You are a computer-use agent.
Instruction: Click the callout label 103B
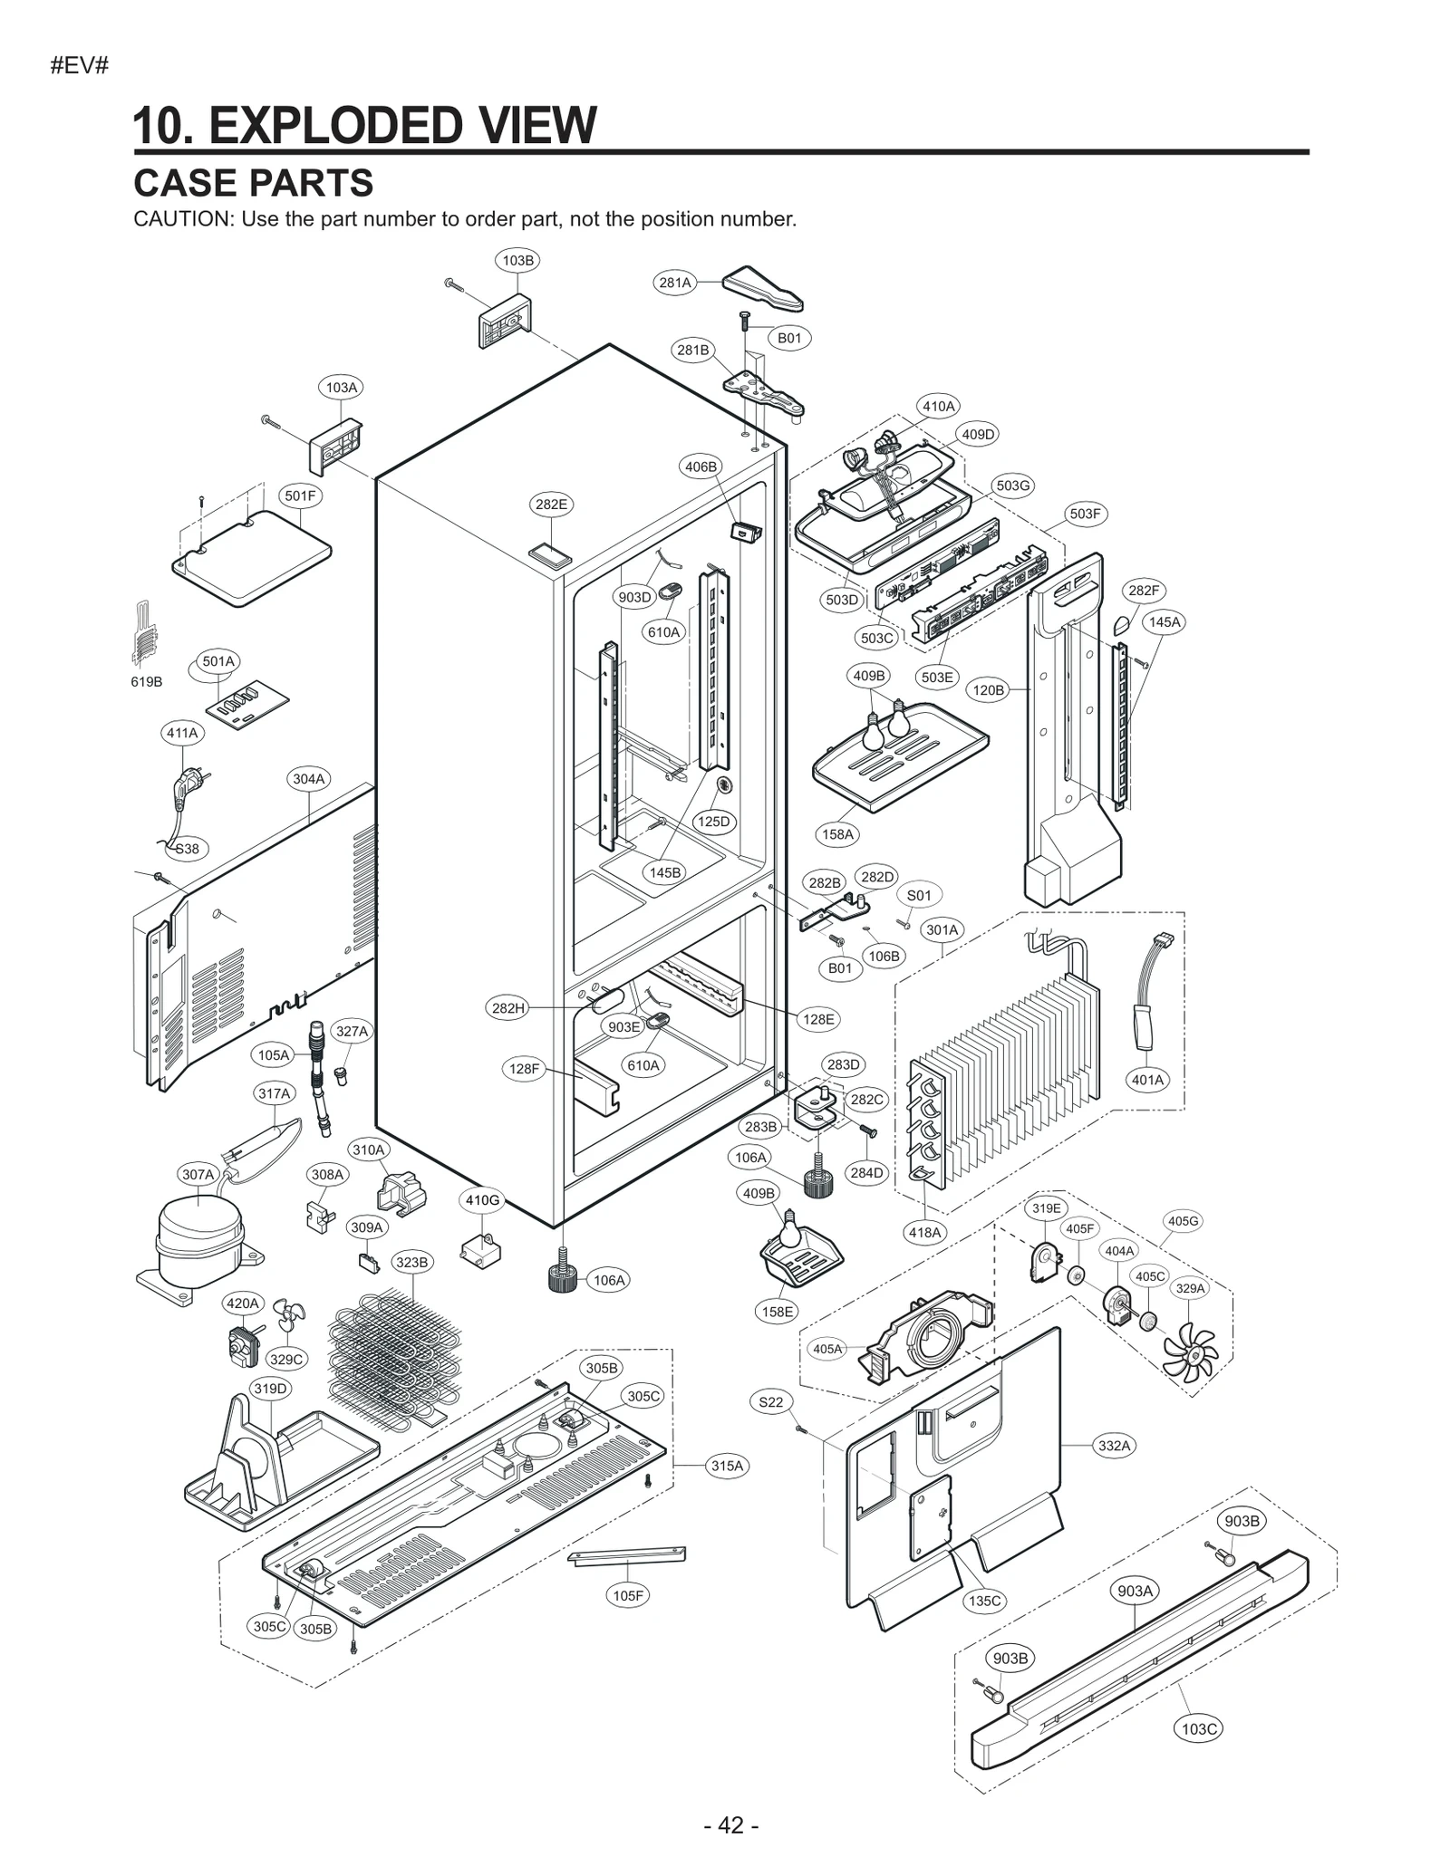[517, 260]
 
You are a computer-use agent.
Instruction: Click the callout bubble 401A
[1147, 1080]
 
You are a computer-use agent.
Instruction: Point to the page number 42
[730, 1825]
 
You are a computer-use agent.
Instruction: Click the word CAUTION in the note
[182, 219]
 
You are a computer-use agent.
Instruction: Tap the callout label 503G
[1013, 486]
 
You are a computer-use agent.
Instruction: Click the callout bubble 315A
[727, 1466]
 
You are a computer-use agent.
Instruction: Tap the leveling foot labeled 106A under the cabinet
[565, 1276]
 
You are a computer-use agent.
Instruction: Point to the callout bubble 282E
[551, 505]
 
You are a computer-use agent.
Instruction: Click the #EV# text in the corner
[80, 66]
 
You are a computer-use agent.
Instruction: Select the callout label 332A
[1114, 1446]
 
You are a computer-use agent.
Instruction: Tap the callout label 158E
[778, 1311]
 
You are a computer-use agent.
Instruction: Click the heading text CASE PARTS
[253, 183]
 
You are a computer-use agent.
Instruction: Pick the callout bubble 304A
[308, 779]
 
